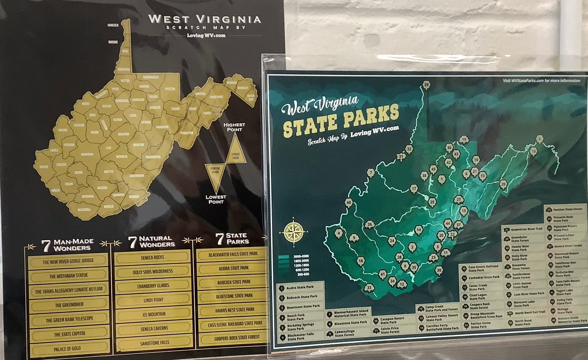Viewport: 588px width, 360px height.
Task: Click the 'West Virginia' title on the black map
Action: (x=205, y=19)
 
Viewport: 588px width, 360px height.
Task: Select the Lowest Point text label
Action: (x=216, y=199)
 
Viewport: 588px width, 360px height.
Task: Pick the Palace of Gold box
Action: (x=67, y=348)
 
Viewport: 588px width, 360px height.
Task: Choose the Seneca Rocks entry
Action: (x=153, y=257)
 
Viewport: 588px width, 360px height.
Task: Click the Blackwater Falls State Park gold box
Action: (x=233, y=254)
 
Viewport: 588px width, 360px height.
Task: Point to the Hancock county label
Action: (x=113, y=26)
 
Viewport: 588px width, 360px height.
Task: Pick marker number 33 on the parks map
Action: (x=369, y=288)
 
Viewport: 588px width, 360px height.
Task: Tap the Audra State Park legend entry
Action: (x=300, y=288)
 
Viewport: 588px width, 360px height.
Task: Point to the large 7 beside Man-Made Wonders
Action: (x=46, y=245)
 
